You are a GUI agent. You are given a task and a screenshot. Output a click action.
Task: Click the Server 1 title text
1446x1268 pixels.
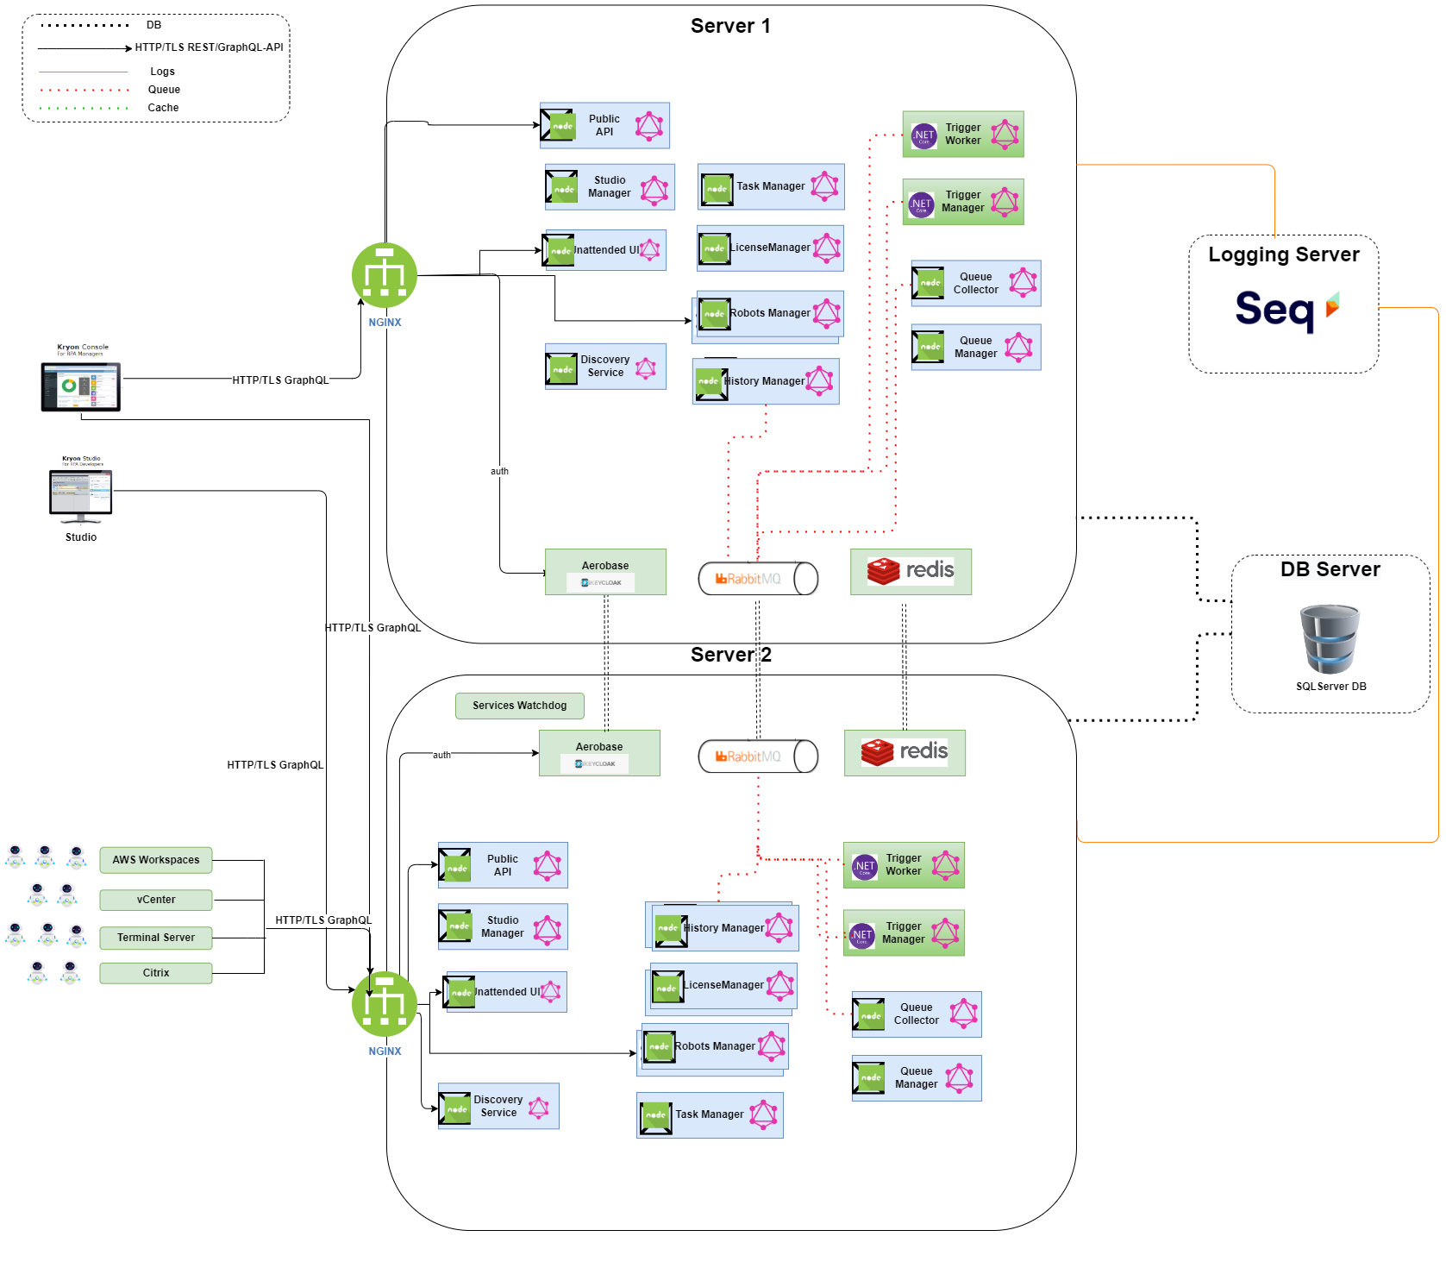pos(730,26)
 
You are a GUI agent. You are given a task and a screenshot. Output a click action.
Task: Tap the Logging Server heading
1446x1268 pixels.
pos(1283,254)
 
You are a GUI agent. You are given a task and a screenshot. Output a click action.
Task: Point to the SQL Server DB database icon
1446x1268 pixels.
pos(1330,639)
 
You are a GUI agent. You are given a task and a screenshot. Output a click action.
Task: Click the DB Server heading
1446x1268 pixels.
pos(1330,569)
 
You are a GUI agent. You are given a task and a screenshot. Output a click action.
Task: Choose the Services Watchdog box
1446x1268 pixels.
pos(519,706)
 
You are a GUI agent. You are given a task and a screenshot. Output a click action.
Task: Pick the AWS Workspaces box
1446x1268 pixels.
pos(156,860)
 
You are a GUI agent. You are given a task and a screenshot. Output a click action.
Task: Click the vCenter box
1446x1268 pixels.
pos(156,900)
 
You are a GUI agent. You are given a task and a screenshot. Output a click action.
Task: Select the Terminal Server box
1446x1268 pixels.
pos(156,938)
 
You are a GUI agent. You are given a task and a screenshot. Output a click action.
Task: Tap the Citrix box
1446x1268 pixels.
pos(156,973)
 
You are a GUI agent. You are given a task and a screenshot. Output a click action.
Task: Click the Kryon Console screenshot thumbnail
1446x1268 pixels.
pos(81,378)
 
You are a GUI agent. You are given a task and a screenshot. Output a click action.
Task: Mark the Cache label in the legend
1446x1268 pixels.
pos(163,108)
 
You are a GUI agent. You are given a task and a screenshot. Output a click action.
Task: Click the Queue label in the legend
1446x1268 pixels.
pos(164,90)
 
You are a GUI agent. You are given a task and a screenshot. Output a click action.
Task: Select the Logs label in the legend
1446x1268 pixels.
pos(162,72)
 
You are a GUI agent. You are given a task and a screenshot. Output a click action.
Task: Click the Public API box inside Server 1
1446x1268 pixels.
pos(604,126)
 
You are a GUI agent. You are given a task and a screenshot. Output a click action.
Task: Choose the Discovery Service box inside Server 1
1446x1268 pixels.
pos(605,367)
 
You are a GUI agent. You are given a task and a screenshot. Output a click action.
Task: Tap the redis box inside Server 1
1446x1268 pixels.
pos(911,572)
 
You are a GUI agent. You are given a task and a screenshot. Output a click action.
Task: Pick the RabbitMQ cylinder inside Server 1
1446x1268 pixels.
pos(758,579)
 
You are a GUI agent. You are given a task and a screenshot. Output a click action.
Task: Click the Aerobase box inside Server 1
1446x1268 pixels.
pos(605,572)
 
